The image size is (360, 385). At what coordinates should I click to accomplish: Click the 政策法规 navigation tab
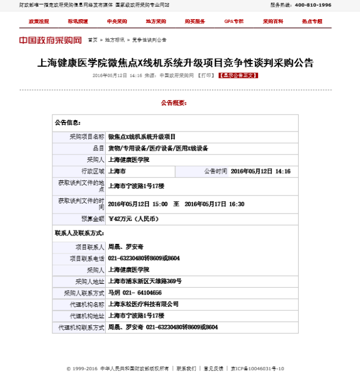(39, 21)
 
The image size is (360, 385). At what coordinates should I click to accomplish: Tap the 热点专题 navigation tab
(312, 21)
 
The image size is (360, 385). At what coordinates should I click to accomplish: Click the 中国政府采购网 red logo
(51, 40)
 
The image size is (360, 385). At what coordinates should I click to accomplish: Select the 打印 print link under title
(206, 75)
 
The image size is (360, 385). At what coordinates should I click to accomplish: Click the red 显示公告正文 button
(238, 75)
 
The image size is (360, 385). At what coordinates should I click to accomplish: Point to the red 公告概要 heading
(173, 103)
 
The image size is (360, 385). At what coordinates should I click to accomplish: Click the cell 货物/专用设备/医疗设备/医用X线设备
(158, 148)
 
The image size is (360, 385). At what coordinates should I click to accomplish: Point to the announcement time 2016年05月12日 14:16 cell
(260, 171)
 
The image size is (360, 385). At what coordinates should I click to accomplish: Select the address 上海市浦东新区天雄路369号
(145, 281)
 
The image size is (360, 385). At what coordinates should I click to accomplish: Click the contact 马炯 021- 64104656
(134, 293)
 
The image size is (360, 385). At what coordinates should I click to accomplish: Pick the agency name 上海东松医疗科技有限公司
(143, 304)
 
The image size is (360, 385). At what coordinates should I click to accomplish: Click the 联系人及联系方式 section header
(79, 233)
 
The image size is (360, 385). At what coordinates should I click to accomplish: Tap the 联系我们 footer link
(186, 369)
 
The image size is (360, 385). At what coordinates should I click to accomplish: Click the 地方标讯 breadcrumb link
(115, 40)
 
